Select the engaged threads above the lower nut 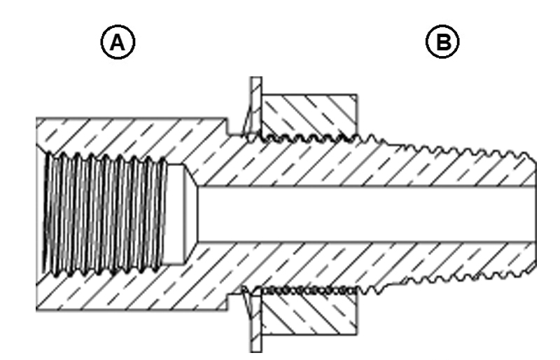tap(308, 288)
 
